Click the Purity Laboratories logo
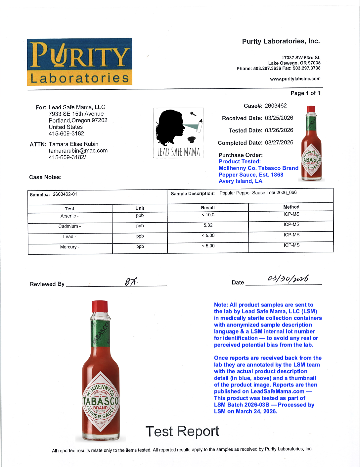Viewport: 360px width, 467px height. (x=79, y=62)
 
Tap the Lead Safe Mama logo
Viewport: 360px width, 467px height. (x=179, y=133)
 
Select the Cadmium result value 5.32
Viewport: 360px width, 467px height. (x=208, y=225)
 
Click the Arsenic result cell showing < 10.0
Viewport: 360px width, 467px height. (x=208, y=215)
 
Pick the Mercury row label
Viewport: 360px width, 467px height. (x=69, y=247)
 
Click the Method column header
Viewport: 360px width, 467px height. (x=291, y=207)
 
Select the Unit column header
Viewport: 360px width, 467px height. (x=140, y=208)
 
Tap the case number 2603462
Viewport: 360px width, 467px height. (x=276, y=106)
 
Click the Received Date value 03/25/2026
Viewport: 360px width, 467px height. (x=279, y=118)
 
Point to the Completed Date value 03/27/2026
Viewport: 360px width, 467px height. (x=279, y=142)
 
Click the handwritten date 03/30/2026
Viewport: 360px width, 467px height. (x=288, y=279)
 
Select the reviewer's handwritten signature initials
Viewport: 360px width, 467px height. (x=131, y=282)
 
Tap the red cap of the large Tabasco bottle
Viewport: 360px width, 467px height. (x=100, y=306)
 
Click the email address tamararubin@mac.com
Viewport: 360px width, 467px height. (x=78, y=151)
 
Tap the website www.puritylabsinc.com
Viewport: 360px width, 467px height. (x=295, y=79)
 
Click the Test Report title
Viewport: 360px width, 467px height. (x=182, y=431)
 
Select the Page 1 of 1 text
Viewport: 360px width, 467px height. (x=305, y=93)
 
